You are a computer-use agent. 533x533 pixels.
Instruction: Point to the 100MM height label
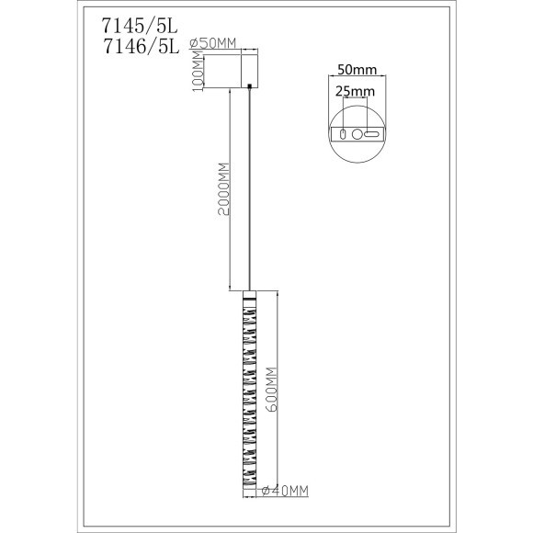(x=195, y=70)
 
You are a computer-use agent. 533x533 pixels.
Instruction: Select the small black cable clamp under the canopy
(x=249, y=87)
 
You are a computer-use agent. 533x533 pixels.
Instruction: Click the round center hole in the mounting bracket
(x=357, y=134)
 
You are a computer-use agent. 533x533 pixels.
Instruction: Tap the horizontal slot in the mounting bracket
(x=371, y=134)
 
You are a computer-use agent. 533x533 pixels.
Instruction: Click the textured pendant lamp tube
(x=248, y=395)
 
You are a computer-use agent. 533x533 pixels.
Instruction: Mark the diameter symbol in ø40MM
(x=265, y=491)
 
